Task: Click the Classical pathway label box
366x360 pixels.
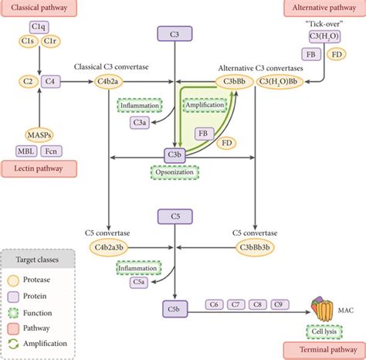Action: [x=39, y=10]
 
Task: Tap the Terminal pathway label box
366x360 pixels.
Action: [x=324, y=350]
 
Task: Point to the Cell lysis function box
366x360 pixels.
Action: [x=324, y=331]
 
